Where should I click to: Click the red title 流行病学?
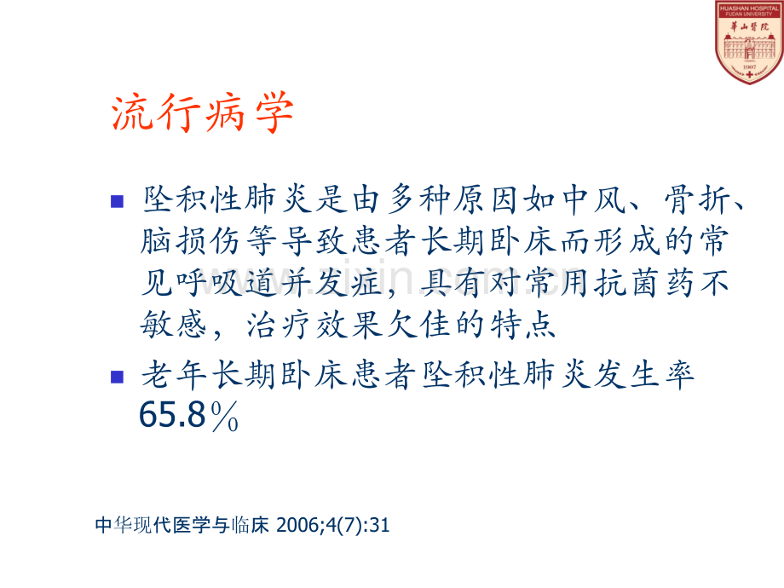203,112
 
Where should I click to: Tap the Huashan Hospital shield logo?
749,42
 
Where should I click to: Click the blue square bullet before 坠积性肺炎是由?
117,201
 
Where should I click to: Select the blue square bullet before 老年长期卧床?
117,377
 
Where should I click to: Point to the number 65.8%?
188,415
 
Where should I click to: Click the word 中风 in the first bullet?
593,200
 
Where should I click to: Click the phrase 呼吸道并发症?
280,283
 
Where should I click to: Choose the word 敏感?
173,325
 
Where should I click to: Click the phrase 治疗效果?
315,325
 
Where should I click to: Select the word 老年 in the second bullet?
173,375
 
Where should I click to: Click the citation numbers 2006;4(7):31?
333,525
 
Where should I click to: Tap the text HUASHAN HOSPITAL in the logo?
749,9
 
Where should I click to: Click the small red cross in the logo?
749,74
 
